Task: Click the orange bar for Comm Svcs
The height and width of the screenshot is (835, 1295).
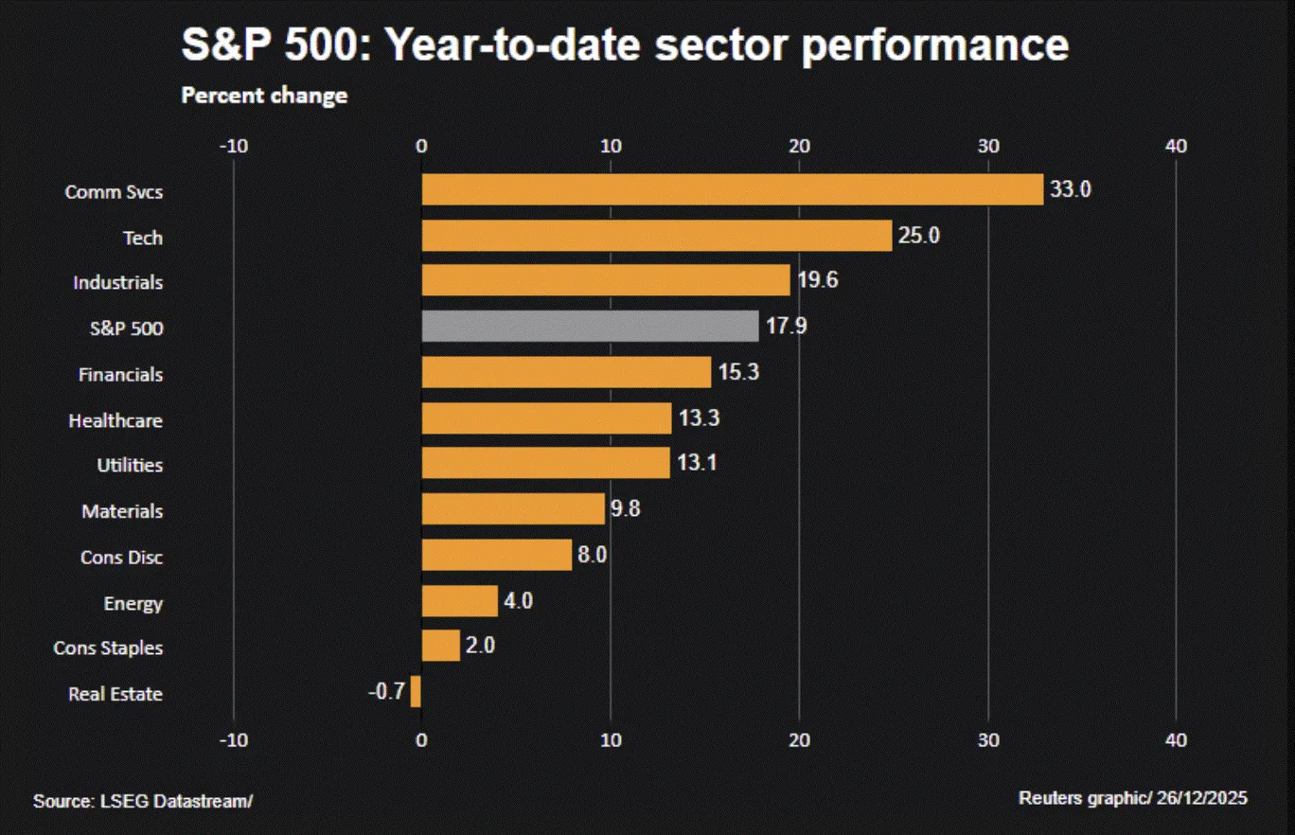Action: tap(732, 190)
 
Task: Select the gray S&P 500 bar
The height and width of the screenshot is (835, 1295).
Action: tap(590, 327)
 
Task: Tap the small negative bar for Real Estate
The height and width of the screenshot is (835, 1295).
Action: tap(416, 692)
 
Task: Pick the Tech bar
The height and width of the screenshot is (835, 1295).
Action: tap(656, 236)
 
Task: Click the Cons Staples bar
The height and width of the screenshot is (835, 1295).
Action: tap(440, 647)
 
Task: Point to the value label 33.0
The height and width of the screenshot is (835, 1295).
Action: tap(1071, 189)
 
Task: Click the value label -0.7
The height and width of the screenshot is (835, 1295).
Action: tap(386, 693)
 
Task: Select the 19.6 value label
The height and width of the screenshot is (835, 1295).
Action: tap(817, 281)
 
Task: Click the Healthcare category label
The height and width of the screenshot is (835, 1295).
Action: tap(115, 420)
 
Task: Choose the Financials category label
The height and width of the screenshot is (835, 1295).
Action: tap(120, 375)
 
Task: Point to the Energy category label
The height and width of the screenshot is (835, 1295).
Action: tap(133, 603)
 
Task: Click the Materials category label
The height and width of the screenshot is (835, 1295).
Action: tap(122, 511)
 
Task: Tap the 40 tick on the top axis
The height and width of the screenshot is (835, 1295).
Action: tap(1176, 146)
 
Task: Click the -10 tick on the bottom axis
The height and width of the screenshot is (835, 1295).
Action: tap(233, 740)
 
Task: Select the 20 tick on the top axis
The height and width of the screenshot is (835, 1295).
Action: tap(799, 146)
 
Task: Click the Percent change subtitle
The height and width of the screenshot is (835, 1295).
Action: tap(264, 96)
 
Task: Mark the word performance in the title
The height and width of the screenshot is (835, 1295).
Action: tap(935, 45)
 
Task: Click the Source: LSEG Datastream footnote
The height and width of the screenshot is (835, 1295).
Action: tap(143, 801)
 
